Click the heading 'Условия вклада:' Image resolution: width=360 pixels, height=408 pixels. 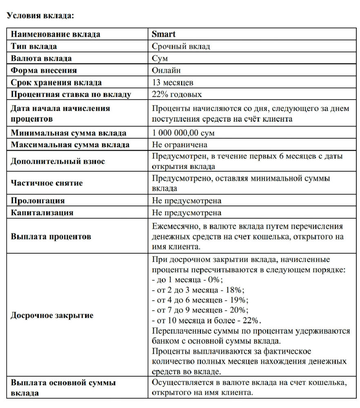[x=40, y=16]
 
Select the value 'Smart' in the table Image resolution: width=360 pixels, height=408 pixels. [x=164, y=34]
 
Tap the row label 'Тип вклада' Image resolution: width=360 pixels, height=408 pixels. [x=34, y=46]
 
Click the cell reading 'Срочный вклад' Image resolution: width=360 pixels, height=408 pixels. [x=181, y=46]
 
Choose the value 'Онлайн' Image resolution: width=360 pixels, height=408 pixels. [x=166, y=70]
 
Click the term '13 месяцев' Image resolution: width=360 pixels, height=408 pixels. [x=173, y=82]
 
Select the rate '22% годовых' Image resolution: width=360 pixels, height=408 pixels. [x=177, y=94]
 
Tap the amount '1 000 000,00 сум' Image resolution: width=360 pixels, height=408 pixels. [x=183, y=133]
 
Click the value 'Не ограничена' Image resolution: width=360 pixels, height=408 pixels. [x=180, y=145]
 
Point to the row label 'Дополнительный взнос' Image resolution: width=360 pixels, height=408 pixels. [x=58, y=161]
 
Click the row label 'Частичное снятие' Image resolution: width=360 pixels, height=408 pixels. [x=47, y=183]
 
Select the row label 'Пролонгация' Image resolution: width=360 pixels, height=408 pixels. [x=38, y=201]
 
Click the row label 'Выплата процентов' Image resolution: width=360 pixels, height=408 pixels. [x=51, y=237]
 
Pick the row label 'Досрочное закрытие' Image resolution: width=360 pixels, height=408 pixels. [x=52, y=315]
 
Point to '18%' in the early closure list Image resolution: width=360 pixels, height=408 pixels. [x=236, y=290]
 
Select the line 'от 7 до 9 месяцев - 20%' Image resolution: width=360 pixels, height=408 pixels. [x=200, y=310]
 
